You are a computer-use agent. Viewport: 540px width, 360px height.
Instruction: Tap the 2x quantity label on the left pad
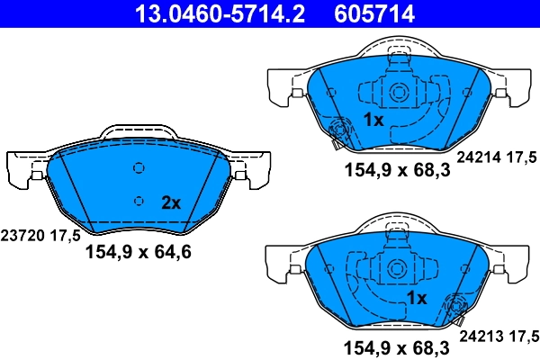pos(170,202)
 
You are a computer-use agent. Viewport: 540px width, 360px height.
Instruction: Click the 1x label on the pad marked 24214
pos(374,120)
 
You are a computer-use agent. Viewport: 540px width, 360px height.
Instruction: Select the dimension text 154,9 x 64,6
pos(138,253)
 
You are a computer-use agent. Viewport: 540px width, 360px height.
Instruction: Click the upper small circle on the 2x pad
pos(138,168)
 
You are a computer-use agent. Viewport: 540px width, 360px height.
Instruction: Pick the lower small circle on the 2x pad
pos(138,201)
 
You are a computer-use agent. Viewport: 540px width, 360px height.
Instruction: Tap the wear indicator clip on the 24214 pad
pos(339,131)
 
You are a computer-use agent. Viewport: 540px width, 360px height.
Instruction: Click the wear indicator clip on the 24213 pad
pos(452,310)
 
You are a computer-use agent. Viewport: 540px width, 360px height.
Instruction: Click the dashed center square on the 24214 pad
pos(396,91)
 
